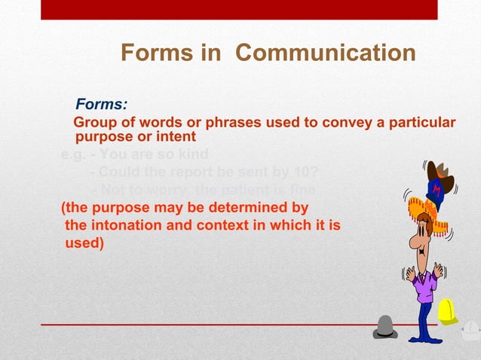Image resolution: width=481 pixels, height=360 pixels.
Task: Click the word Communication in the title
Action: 326,53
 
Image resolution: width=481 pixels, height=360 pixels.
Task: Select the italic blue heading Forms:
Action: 101,105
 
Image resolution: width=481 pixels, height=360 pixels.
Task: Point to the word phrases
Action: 222,123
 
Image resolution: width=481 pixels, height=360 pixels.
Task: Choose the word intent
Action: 176,137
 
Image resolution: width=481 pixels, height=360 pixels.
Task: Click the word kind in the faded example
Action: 193,156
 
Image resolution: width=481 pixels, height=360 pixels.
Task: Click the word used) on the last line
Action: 84,243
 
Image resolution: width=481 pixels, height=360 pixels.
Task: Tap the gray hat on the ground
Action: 384,328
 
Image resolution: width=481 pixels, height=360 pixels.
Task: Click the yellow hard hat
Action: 448,311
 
